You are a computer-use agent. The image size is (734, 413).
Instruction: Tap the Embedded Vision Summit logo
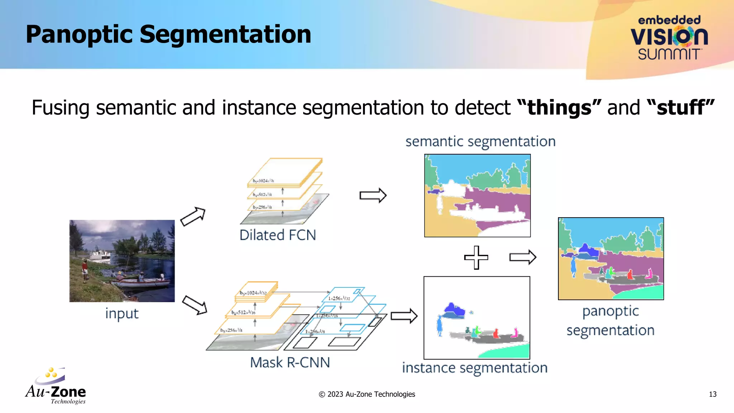click(x=669, y=38)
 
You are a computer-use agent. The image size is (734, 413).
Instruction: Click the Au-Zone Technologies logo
click(x=56, y=386)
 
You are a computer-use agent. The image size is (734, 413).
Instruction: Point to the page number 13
click(x=712, y=394)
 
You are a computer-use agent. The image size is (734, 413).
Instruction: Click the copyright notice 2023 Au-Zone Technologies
click(x=367, y=394)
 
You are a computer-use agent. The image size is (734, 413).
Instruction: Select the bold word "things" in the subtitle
click(x=559, y=108)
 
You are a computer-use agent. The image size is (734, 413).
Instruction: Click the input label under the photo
click(x=121, y=313)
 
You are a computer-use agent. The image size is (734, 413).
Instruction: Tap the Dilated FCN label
click(x=278, y=235)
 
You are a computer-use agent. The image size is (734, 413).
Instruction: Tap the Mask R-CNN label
click(x=290, y=362)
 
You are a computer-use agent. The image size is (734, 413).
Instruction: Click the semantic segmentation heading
click(x=480, y=142)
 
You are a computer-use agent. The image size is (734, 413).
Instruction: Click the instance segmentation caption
click(x=475, y=368)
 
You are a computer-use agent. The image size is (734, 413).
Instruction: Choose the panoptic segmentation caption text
click(x=610, y=321)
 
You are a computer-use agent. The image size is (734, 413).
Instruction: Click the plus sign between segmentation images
click(x=476, y=257)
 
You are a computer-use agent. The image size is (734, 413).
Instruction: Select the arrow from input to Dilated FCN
click(x=193, y=216)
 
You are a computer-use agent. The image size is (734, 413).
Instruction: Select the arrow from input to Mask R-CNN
click(x=195, y=305)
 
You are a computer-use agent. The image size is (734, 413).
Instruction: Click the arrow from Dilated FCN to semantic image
click(x=373, y=195)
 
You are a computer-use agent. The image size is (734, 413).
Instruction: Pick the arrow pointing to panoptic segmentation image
click(x=523, y=257)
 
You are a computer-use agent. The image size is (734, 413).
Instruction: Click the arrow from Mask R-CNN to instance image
click(x=404, y=316)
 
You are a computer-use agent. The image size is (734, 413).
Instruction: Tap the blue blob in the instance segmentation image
click(x=453, y=310)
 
